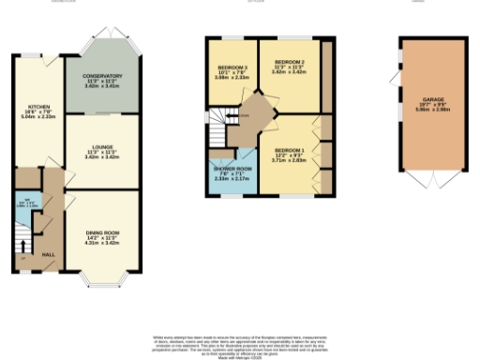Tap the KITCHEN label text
coord(37,107)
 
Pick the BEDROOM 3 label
coord(232,68)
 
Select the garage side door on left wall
coord(398,80)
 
